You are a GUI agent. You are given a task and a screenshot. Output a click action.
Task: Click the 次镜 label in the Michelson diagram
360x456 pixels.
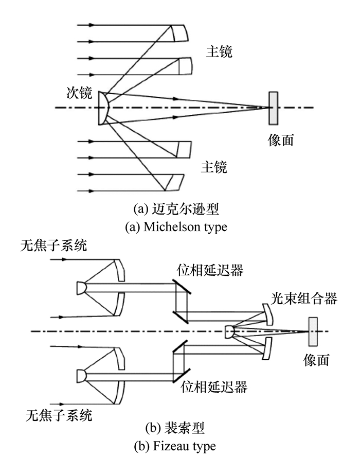click(x=79, y=93)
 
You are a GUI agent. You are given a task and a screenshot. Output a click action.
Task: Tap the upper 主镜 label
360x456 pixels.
click(x=220, y=51)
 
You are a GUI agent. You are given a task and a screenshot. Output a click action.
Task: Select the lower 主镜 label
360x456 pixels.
click(x=214, y=167)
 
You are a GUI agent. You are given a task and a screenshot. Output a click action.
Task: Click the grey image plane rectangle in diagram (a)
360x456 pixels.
click(x=273, y=108)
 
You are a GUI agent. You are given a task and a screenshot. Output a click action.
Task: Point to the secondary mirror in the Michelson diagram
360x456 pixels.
click(x=103, y=108)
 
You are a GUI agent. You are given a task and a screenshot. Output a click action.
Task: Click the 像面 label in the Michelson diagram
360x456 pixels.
click(x=281, y=140)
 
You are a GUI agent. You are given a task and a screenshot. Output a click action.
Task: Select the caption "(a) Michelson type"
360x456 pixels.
click(x=176, y=227)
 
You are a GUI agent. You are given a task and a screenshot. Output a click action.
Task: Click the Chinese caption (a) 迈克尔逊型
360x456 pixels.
click(x=176, y=209)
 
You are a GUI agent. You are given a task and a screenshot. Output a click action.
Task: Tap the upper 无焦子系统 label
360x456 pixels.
click(x=54, y=245)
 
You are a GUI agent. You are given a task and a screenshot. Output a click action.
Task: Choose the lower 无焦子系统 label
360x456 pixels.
click(x=59, y=415)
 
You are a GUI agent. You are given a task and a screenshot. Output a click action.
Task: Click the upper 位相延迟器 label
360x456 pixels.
click(x=210, y=270)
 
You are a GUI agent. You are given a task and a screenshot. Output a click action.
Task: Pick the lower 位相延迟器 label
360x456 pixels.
click(x=214, y=387)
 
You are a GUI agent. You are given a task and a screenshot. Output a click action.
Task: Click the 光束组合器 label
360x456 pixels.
click(x=304, y=299)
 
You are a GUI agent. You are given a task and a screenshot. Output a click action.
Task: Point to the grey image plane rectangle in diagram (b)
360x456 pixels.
click(x=313, y=331)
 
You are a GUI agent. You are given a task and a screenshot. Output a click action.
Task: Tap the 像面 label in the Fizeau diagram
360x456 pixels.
click(x=316, y=360)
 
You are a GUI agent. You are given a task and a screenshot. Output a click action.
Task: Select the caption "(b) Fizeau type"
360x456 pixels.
click(x=175, y=446)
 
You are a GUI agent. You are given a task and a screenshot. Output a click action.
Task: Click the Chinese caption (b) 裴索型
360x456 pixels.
click(x=175, y=428)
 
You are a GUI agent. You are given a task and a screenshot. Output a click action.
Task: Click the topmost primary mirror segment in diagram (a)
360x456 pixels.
click(x=179, y=33)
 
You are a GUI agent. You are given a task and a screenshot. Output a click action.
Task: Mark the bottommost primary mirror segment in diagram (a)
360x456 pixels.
click(x=175, y=182)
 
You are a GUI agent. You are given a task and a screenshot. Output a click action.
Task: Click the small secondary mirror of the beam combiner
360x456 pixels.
click(x=229, y=332)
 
